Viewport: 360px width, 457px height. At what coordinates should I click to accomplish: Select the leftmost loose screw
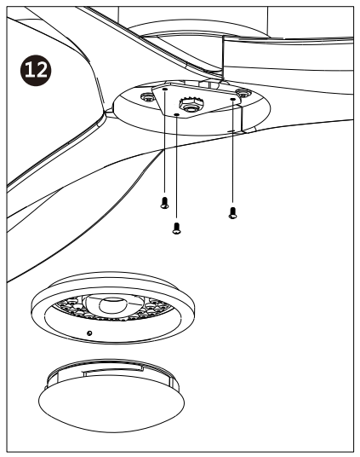[163, 203]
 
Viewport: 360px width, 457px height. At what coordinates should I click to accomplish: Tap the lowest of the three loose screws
[176, 227]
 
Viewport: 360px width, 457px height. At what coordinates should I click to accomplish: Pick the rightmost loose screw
[232, 212]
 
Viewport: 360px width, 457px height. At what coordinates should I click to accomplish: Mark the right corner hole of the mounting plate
[232, 99]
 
